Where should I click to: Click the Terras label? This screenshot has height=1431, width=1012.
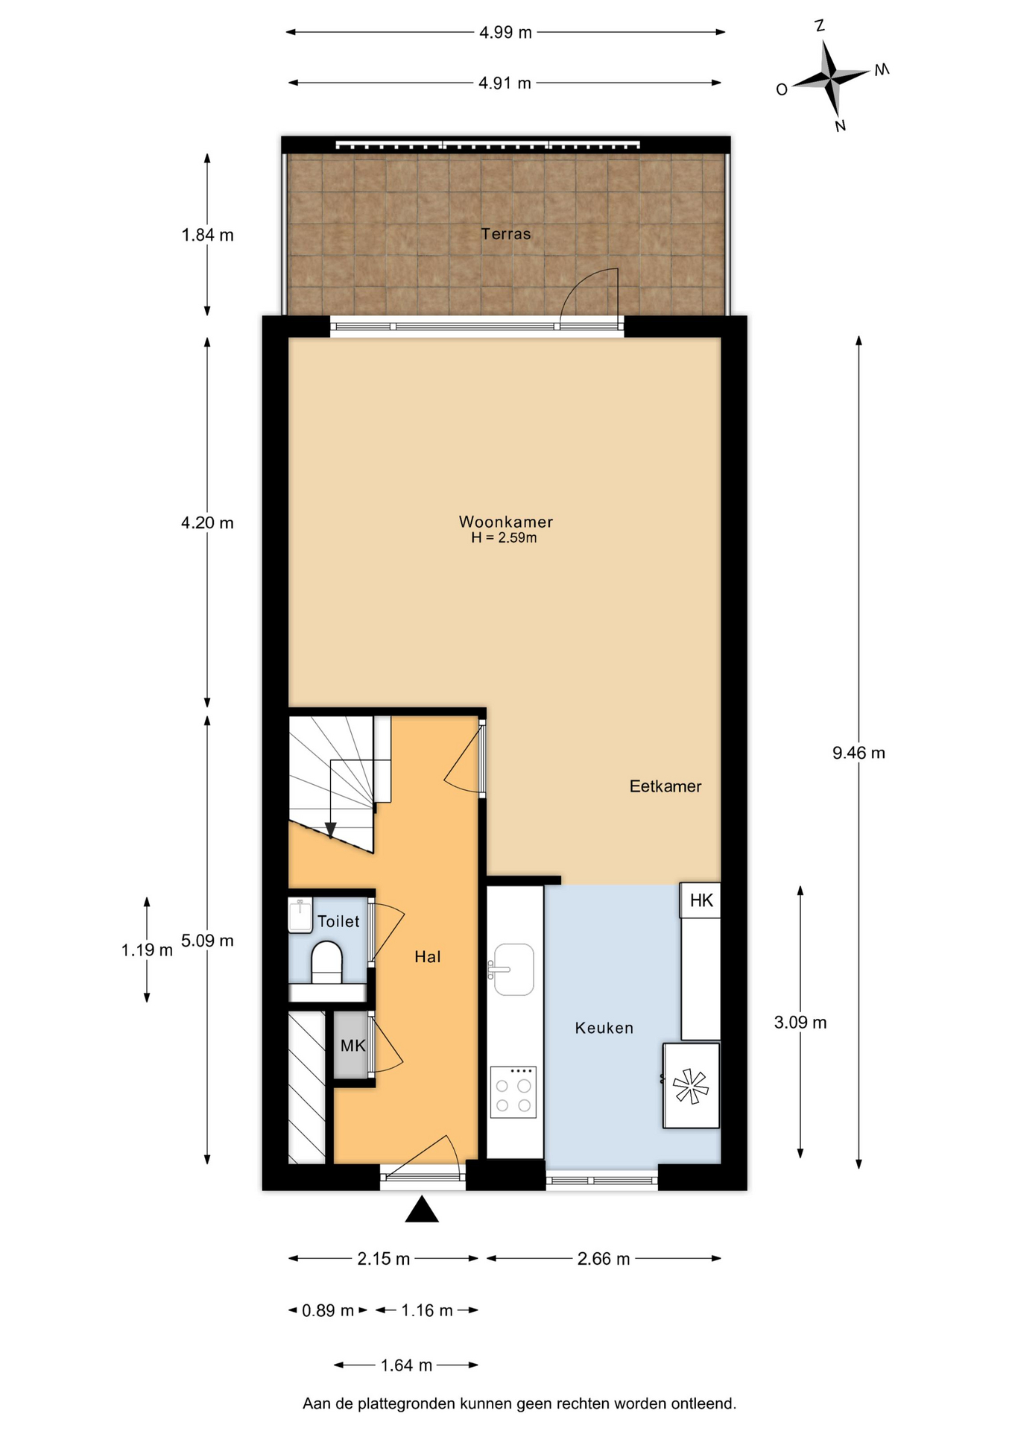[505, 234]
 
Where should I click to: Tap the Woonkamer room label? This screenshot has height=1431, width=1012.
[505, 522]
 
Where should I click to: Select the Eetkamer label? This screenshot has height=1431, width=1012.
[665, 786]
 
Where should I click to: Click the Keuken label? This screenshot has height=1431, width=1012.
[604, 1028]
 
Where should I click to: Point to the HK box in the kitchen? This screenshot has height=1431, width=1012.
[701, 900]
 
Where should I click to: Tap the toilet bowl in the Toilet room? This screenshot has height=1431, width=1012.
[326, 962]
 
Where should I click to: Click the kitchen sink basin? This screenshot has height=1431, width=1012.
[513, 969]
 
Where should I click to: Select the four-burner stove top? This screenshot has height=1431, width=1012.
[513, 1092]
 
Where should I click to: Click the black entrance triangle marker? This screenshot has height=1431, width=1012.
[422, 1210]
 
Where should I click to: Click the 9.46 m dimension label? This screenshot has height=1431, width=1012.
[858, 753]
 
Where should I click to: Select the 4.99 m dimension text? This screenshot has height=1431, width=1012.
[505, 32]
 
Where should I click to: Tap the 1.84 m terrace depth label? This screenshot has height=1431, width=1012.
[207, 235]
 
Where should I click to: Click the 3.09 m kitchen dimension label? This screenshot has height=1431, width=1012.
[800, 1022]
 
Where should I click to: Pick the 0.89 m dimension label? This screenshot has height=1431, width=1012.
[328, 1310]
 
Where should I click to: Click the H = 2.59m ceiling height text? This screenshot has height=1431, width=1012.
[504, 538]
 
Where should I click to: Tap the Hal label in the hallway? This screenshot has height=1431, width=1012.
[428, 957]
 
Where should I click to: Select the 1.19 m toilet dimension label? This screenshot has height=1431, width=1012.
[147, 950]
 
